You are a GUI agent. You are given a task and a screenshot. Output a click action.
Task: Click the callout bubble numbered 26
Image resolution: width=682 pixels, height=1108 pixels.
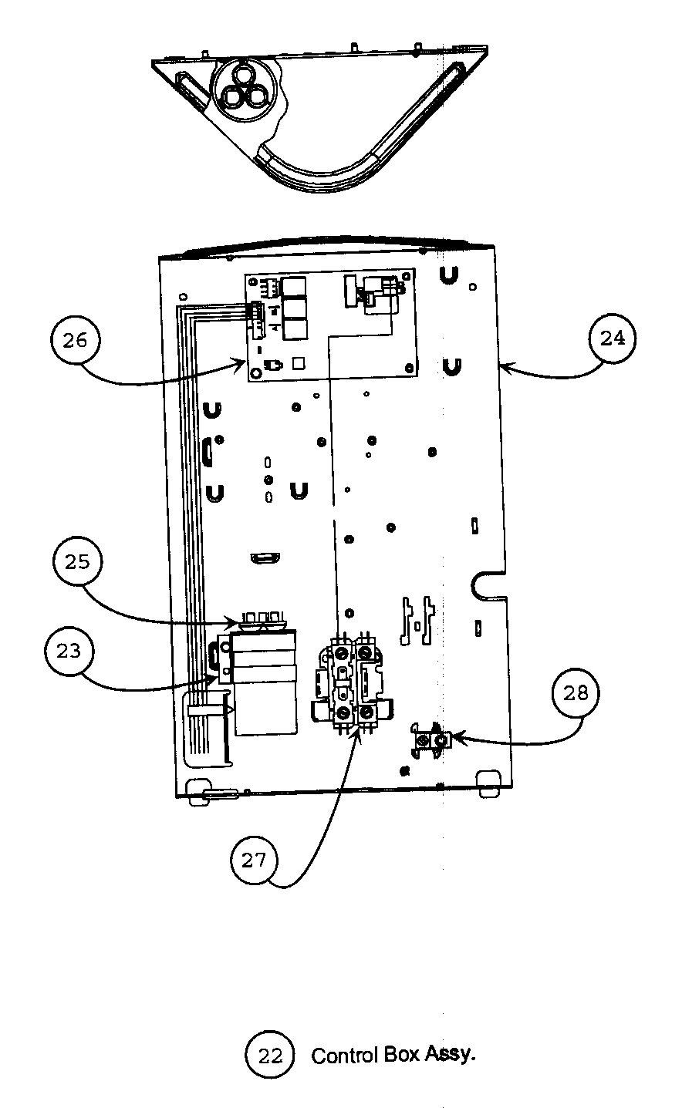[76, 340]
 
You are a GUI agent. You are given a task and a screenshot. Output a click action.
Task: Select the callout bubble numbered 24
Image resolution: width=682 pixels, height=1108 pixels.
[612, 338]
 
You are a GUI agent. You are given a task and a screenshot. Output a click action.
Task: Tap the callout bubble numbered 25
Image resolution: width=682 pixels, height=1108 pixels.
[78, 561]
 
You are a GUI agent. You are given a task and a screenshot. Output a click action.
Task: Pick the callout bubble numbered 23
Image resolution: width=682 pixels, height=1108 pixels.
[69, 651]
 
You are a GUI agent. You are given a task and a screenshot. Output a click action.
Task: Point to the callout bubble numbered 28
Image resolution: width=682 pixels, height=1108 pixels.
[575, 692]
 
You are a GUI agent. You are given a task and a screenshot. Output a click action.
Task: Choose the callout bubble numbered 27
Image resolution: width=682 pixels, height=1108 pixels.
[254, 860]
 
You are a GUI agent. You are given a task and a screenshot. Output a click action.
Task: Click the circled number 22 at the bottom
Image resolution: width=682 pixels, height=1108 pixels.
[270, 1056]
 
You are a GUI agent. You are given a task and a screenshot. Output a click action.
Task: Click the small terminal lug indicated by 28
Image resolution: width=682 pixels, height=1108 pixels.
[430, 739]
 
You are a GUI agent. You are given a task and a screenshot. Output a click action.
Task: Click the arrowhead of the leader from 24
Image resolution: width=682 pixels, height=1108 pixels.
[502, 368]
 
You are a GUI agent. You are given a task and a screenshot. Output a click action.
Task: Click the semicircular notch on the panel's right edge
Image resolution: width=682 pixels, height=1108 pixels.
[485, 584]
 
